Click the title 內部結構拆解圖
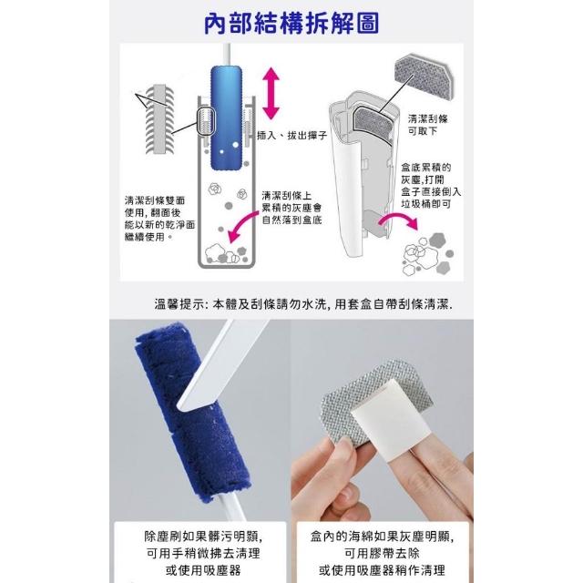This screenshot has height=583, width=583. click(x=291, y=23)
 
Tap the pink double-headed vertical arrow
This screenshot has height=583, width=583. click(x=271, y=93)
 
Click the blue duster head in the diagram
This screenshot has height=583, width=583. click(x=226, y=118)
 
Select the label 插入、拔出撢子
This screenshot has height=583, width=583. click(x=291, y=135)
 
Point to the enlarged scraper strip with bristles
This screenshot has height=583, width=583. click(x=160, y=119)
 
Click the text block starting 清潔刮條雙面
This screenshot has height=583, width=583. click(x=159, y=219)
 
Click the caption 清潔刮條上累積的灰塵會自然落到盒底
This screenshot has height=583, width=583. click(x=291, y=208)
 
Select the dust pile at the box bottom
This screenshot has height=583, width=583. click(x=225, y=253)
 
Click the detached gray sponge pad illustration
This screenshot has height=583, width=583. click(x=424, y=78)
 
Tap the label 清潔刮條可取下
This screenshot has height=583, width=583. click(x=427, y=125)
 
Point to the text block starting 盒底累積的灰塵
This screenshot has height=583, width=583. click(x=431, y=186)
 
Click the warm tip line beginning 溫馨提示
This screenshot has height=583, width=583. click(x=303, y=304)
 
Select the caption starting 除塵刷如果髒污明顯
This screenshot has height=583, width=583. click(x=203, y=553)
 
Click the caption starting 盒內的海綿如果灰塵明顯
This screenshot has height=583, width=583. click(x=383, y=553)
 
